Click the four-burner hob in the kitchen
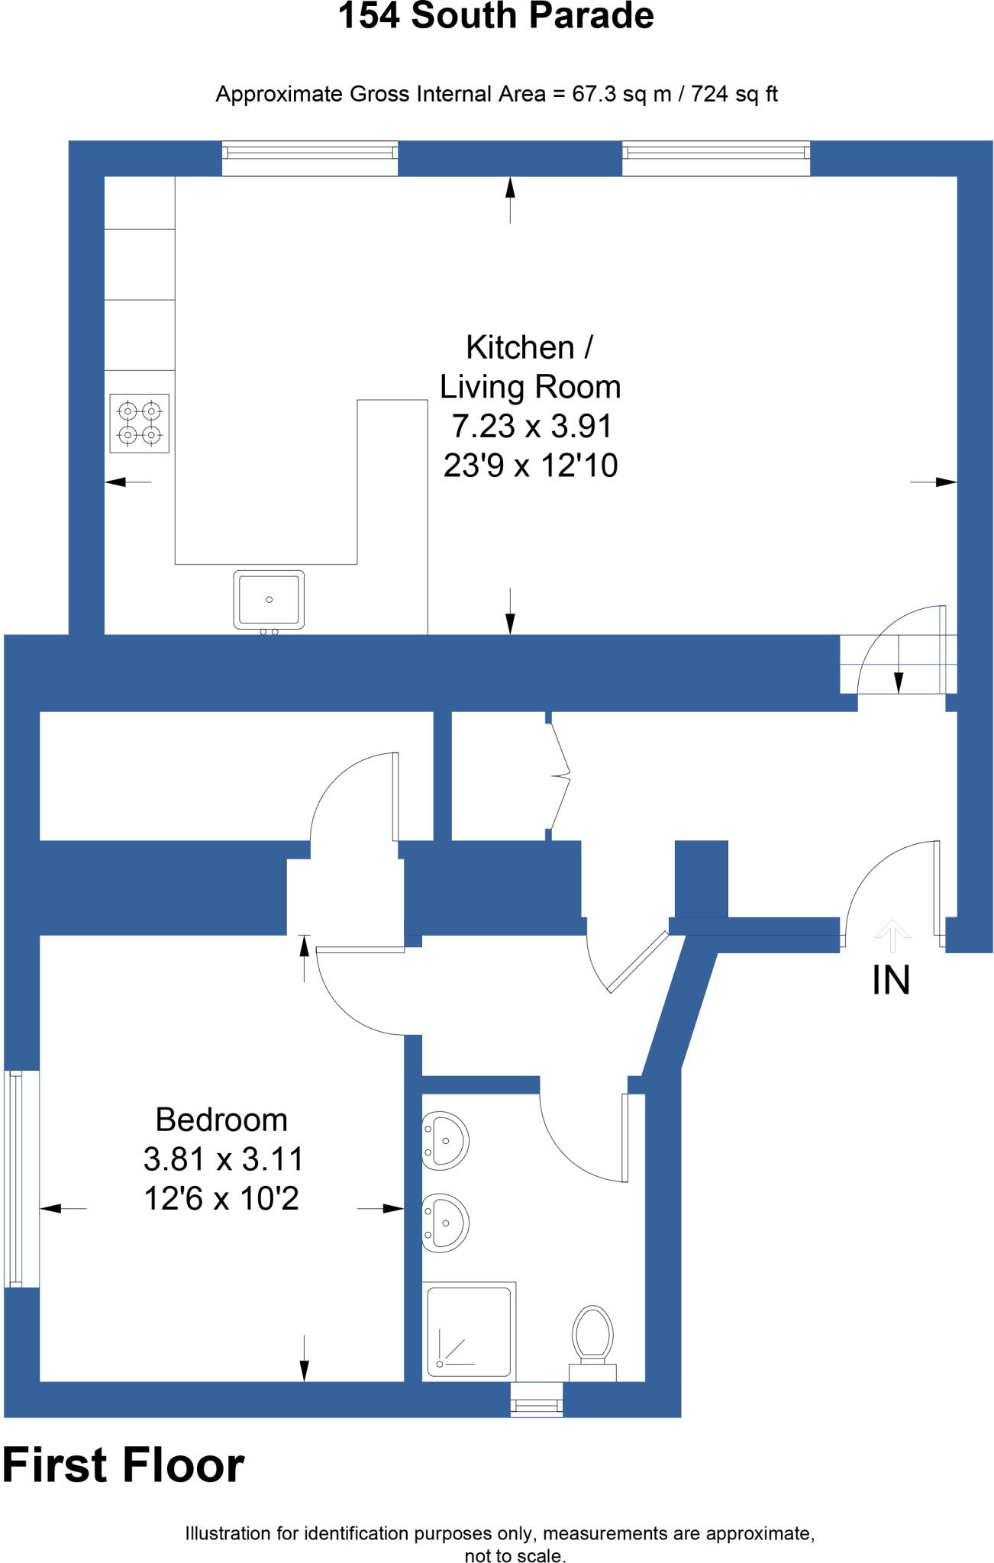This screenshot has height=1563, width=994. [139, 424]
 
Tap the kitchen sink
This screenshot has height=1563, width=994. [269, 600]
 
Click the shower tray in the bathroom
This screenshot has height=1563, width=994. [469, 1332]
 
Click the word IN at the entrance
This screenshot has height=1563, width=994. [891, 981]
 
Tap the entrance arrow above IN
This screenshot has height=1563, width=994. [892, 936]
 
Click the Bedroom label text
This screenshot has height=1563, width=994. [221, 1120]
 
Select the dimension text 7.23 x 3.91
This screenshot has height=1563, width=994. [531, 427]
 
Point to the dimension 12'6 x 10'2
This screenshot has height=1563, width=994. [221, 1199]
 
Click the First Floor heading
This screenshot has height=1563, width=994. [124, 1466]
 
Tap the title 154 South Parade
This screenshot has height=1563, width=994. [496, 17]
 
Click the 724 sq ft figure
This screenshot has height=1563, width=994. [734, 95]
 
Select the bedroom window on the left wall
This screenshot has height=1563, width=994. [21, 1178]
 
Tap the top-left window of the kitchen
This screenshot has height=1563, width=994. [310, 158]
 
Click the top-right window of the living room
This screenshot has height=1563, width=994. [716, 158]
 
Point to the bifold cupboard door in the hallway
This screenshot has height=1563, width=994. [560, 777]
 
